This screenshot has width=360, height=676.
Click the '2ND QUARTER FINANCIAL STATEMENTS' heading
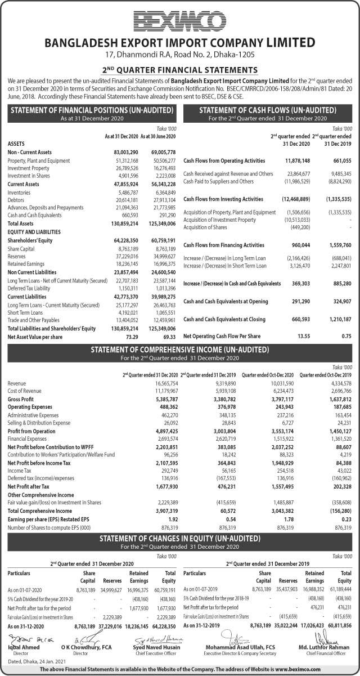180,70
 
